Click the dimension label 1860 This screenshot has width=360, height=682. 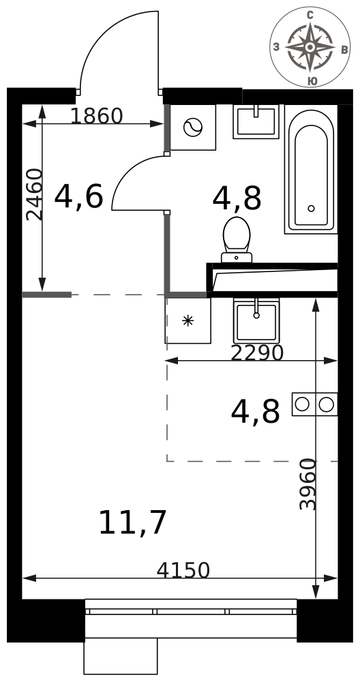tap(97, 116)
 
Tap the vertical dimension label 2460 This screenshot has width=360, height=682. tap(35, 194)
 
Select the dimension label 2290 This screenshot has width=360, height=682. tap(257, 353)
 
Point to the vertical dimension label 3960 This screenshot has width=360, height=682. tap(308, 484)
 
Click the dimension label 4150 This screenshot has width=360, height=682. tap(183, 569)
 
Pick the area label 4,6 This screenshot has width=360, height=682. tap(78, 196)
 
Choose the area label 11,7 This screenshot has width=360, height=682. tap(132, 523)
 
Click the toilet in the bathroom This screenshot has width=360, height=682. tap(237, 239)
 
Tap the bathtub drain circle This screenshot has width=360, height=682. tap(311, 208)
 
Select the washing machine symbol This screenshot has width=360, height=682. tap(193, 128)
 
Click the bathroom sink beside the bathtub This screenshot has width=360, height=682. tap(256, 121)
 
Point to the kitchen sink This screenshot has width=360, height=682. tap(256, 321)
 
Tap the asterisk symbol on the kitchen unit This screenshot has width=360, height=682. tap(187, 321)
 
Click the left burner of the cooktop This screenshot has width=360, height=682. tap(302, 404)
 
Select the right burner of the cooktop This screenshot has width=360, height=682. tap(326, 404)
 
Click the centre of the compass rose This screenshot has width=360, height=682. tap(310, 46)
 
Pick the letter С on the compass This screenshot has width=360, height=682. tap(310, 15)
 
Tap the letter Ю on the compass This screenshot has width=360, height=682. tap(312, 81)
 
